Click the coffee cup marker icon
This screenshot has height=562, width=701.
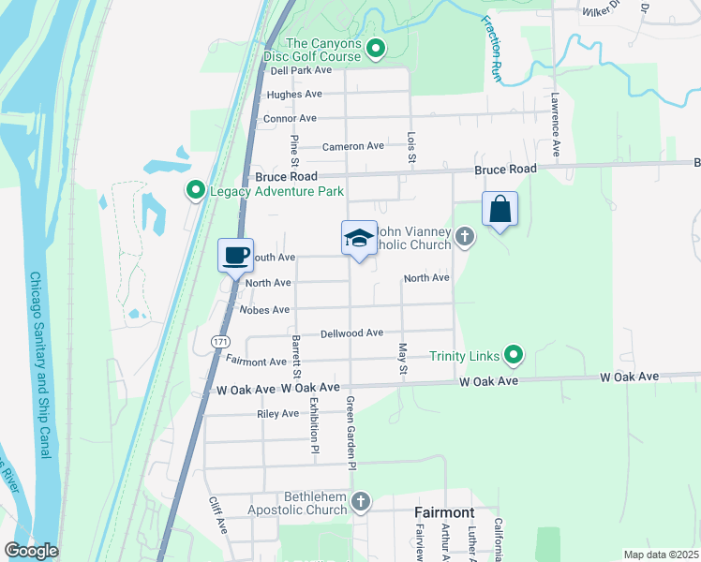236,255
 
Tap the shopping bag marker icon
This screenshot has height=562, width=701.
500,209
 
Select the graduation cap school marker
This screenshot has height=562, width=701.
359,239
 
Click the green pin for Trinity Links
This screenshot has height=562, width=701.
513,355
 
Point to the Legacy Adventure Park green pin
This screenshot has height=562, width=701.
196,191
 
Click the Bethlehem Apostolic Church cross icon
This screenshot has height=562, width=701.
360,503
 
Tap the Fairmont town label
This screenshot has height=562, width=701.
444,513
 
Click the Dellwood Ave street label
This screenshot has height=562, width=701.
351,333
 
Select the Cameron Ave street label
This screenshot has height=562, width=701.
353,146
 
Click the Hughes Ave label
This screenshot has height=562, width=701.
294,95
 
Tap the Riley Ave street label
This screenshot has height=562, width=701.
277,413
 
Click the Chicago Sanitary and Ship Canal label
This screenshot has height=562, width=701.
38,365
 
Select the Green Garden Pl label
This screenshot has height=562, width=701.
351,433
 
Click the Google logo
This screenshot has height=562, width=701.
31,551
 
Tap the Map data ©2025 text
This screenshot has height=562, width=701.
660,555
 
